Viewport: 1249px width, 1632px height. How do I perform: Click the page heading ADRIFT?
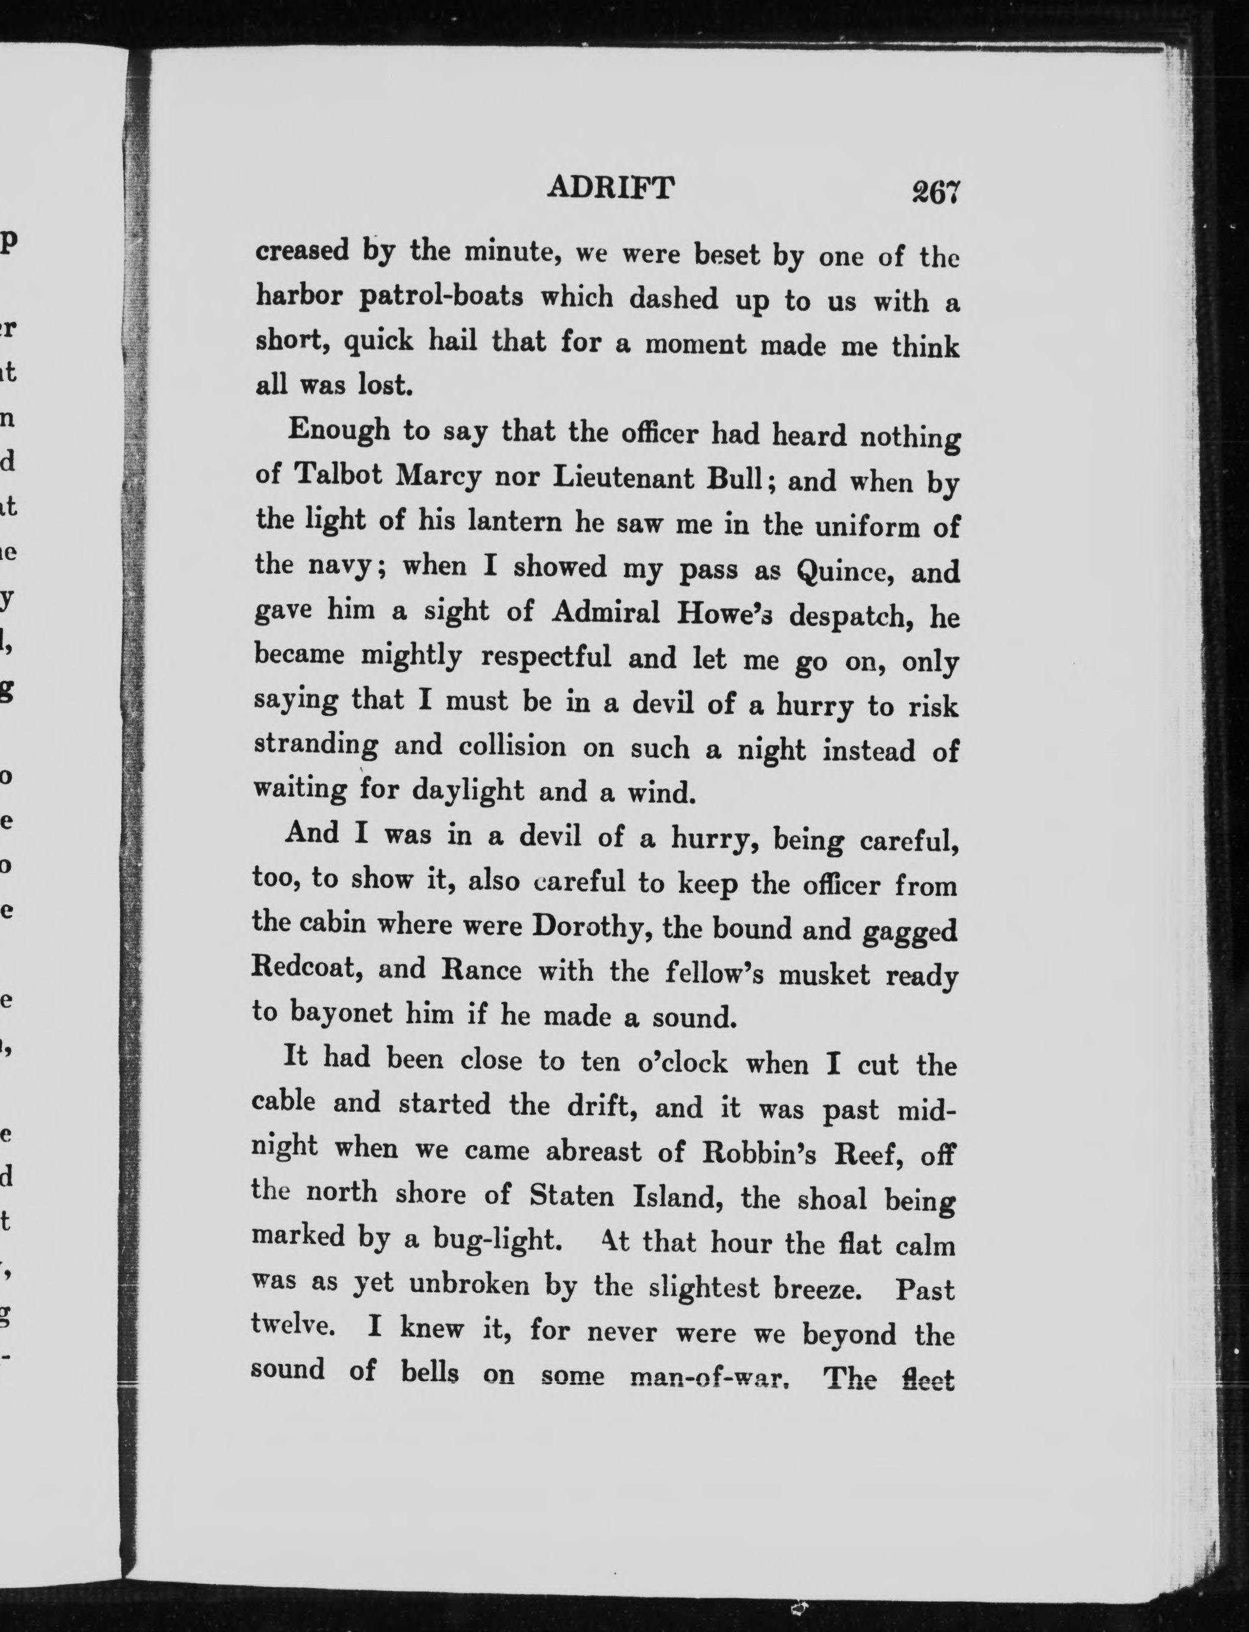click(611, 187)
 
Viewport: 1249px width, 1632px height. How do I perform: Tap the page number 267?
click(936, 193)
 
